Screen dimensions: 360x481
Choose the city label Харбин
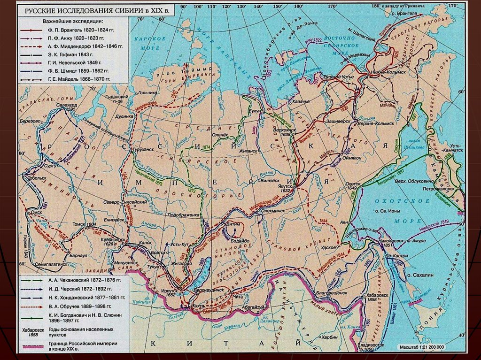coord(330,337)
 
